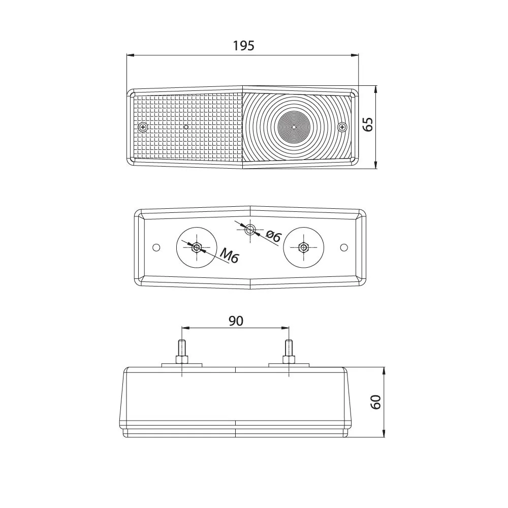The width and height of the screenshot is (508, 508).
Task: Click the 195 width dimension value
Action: pyautogui.click(x=244, y=46)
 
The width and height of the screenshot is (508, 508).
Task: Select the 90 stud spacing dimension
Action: pyautogui.click(x=236, y=321)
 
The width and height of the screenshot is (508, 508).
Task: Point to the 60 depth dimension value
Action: pyautogui.click(x=375, y=402)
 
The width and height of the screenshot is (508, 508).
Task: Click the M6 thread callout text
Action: pyautogui.click(x=230, y=256)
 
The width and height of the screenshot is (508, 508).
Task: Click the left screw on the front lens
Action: pyautogui.click(x=143, y=127)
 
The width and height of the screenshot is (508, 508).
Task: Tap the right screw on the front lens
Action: pyautogui.click(x=342, y=127)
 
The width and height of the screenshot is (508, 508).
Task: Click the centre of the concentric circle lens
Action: pyautogui.click(x=293, y=127)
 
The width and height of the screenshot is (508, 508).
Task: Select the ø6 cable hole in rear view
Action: pyautogui.click(x=250, y=230)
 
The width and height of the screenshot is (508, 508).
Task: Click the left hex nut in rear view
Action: pyautogui.click(x=196, y=248)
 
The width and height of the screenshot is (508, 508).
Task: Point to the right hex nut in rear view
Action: pyautogui.click(x=303, y=248)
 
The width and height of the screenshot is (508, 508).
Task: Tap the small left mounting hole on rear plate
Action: pyautogui.click(x=156, y=247)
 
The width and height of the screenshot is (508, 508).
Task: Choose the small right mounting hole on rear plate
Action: pyautogui.click(x=344, y=247)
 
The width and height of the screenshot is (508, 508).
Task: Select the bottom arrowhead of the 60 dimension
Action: pyautogui.click(x=384, y=434)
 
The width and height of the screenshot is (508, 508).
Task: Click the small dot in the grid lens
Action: pyautogui.click(x=186, y=127)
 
